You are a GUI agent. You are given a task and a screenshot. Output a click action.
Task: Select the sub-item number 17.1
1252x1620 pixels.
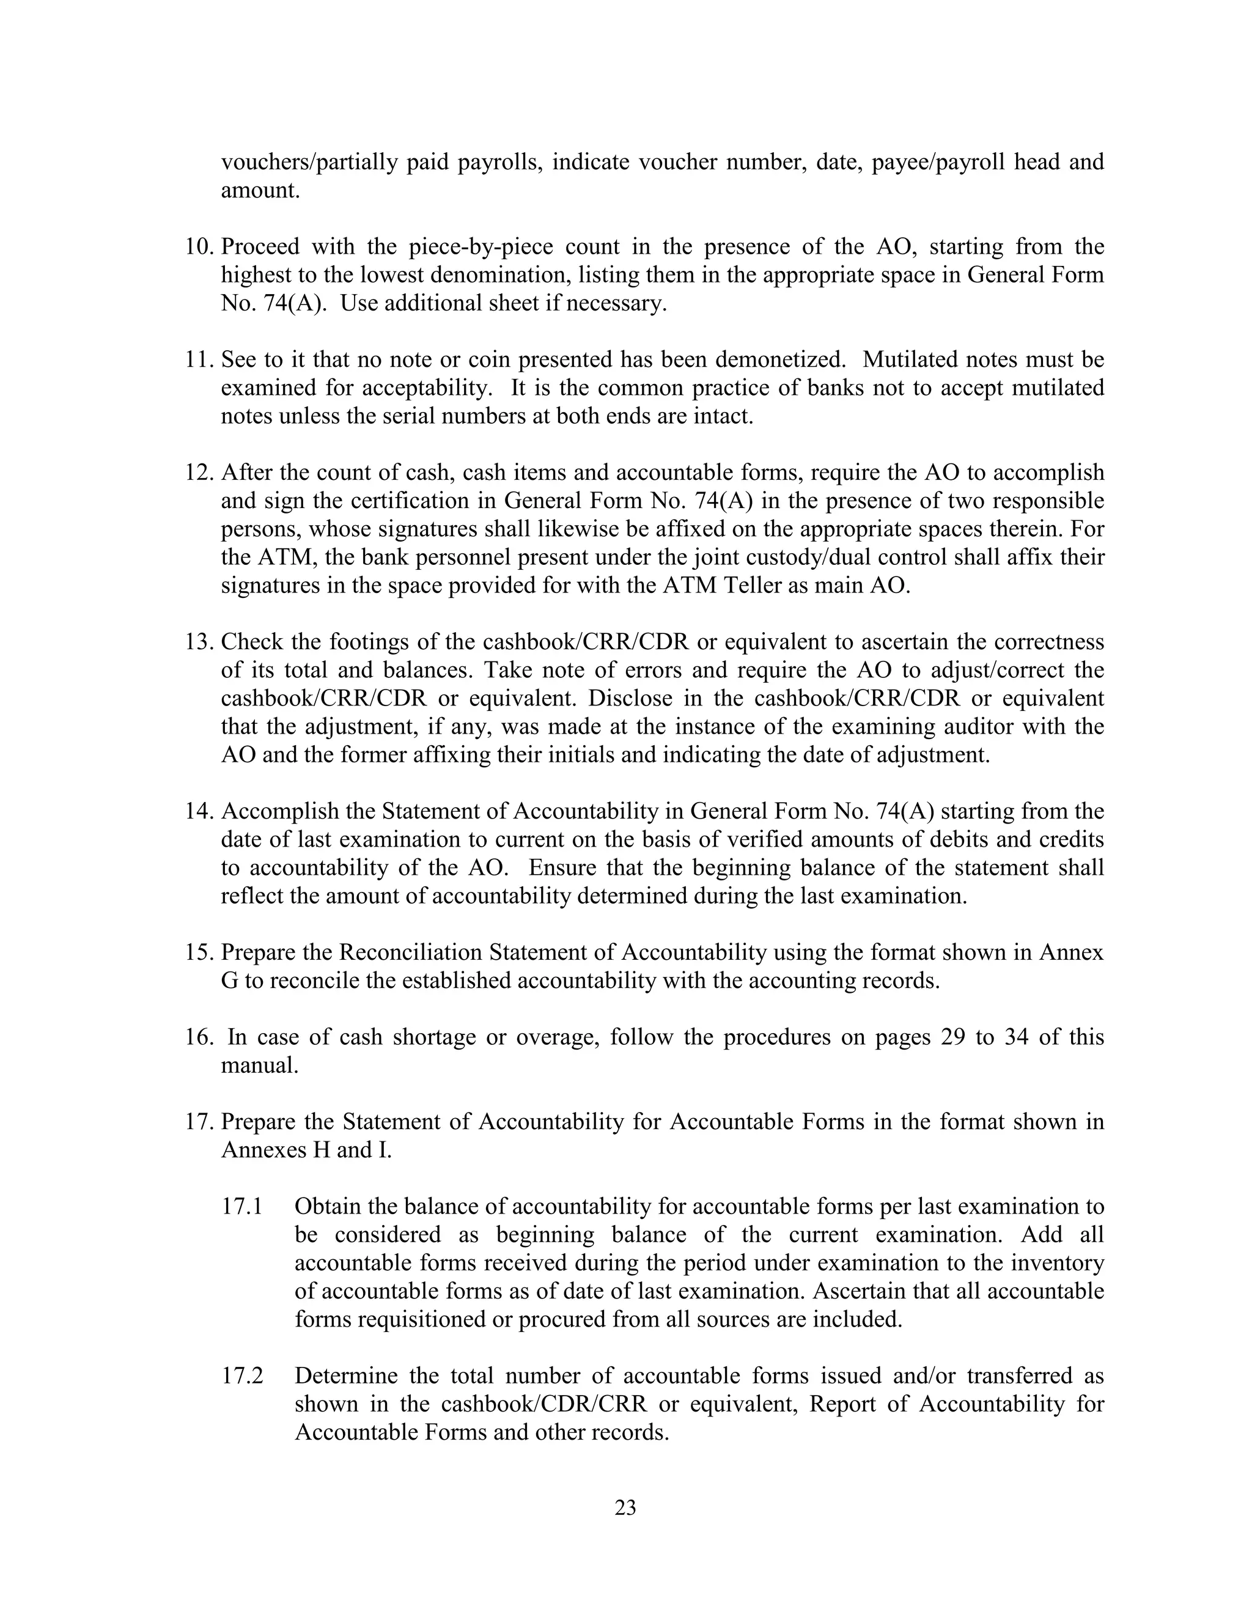coord(242,1207)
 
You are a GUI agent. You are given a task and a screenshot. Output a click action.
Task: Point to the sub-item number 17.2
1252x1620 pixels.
coord(242,1376)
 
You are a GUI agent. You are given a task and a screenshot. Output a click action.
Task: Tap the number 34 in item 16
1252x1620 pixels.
coord(1017,1037)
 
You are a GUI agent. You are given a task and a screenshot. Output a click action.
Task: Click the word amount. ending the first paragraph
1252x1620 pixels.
coord(260,191)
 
